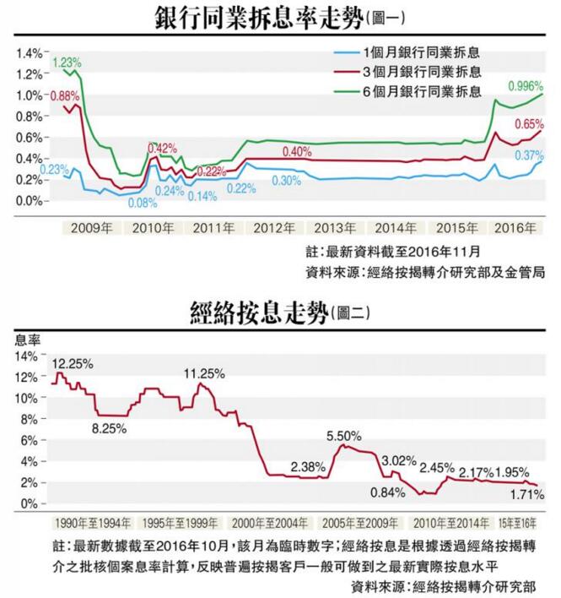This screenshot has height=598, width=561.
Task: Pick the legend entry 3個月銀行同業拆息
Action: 420,70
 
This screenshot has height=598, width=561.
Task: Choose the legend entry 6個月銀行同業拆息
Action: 420,90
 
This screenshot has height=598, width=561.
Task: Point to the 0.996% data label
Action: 525,86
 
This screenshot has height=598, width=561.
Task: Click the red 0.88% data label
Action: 64,95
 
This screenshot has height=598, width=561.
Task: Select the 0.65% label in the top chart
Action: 529,123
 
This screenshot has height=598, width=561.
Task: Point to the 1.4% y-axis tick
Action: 28,52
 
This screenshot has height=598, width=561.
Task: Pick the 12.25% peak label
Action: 73,363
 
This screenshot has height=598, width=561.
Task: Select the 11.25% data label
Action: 206,372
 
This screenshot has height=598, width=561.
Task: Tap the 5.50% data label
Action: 344,436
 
